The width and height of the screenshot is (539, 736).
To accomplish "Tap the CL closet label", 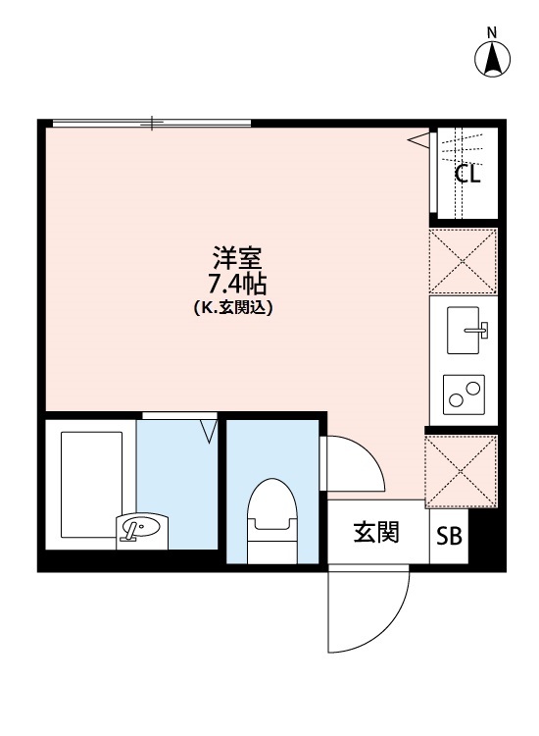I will (x=467, y=175).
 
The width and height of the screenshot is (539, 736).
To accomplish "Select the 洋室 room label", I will (x=237, y=261).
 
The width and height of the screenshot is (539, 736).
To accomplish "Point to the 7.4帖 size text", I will (x=237, y=285).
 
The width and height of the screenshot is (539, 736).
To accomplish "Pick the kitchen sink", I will (x=467, y=327).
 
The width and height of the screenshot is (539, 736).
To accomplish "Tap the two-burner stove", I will (x=464, y=394).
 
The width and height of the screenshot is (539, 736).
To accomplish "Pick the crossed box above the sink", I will (x=464, y=260).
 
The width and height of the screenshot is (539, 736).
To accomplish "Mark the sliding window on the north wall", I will (x=152, y=123).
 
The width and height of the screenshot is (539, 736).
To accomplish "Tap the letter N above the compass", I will (x=493, y=31).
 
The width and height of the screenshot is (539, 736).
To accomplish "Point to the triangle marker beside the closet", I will (x=420, y=140).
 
